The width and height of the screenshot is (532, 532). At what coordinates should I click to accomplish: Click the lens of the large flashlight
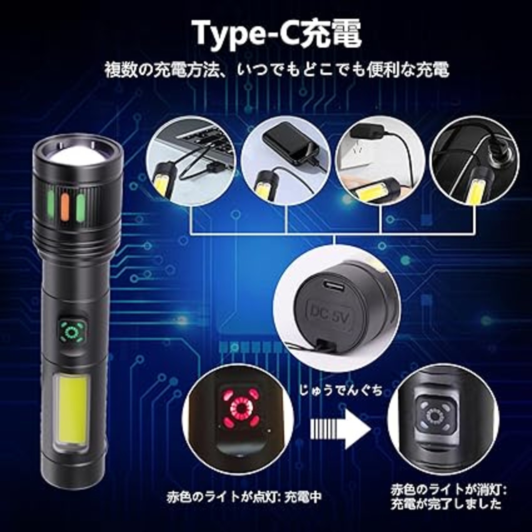pos(78,155)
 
